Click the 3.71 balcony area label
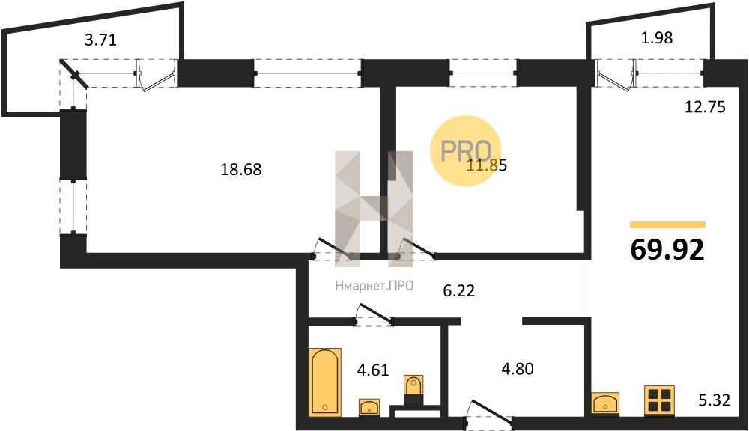(x=100, y=40)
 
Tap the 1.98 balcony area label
(x=657, y=37)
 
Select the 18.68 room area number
(x=241, y=169)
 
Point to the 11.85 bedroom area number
(x=487, y=165)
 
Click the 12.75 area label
(x=705, y=107)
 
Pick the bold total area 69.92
(x=667, y=249)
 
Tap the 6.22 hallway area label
(x=459, y=290)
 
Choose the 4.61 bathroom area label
(x=373, y=370)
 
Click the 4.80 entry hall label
(x=518, y=369)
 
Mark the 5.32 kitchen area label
(x=715, y=400)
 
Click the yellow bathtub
(x=325, y=382)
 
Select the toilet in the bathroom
(x=413, y=391)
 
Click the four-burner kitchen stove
(x=659, y=400)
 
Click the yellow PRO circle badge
(x=465, y=150)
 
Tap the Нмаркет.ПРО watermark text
(x=374, y=286)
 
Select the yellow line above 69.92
(x=667, y=224)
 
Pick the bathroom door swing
(x=373, y=315)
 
